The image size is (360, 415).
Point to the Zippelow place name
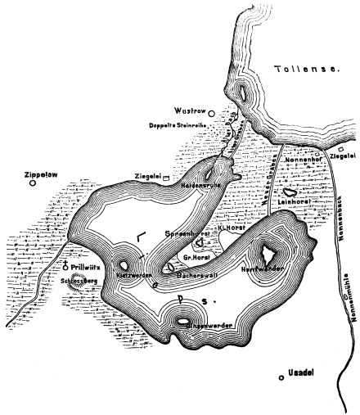click(29, 174)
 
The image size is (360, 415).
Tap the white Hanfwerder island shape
click(268, 256)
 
